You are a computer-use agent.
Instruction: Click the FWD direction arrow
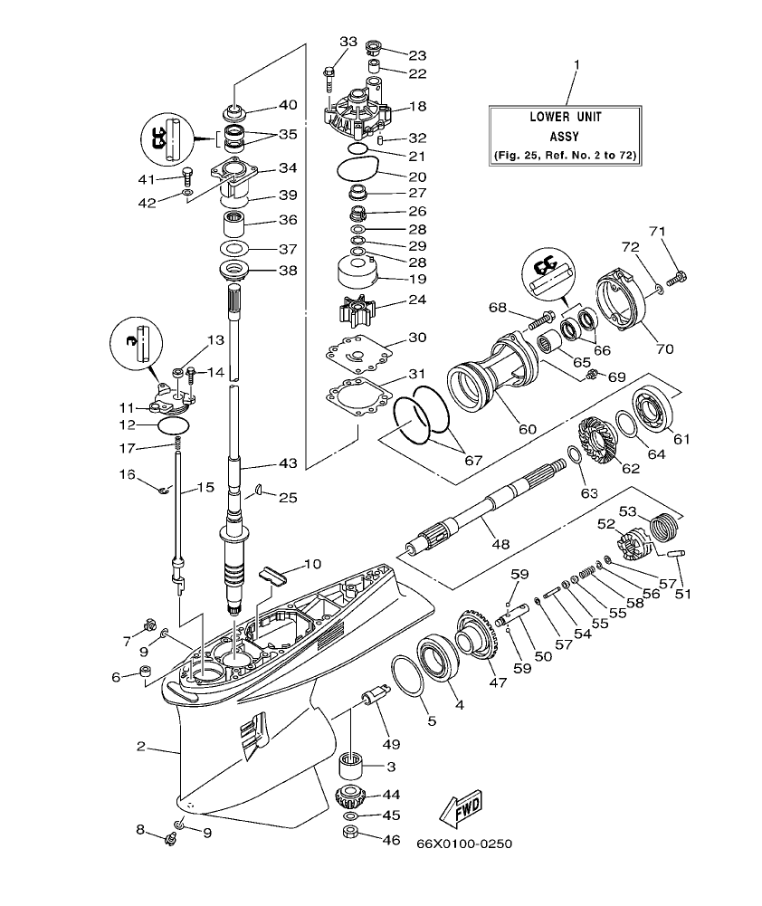tap(460, 806)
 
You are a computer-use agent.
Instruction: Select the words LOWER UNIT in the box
tap(566, 117)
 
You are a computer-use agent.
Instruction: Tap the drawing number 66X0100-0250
tap(464, 844)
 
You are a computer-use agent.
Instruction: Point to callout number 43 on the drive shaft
tap(288, 463)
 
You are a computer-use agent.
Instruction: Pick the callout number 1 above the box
tap(576, 65)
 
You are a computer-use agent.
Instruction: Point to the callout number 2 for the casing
tap(140, 747)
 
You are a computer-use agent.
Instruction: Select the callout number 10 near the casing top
tap(312, 564)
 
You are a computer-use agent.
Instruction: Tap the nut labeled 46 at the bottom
tap(353, 832)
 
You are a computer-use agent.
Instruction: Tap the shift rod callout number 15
tap(205, 487)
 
